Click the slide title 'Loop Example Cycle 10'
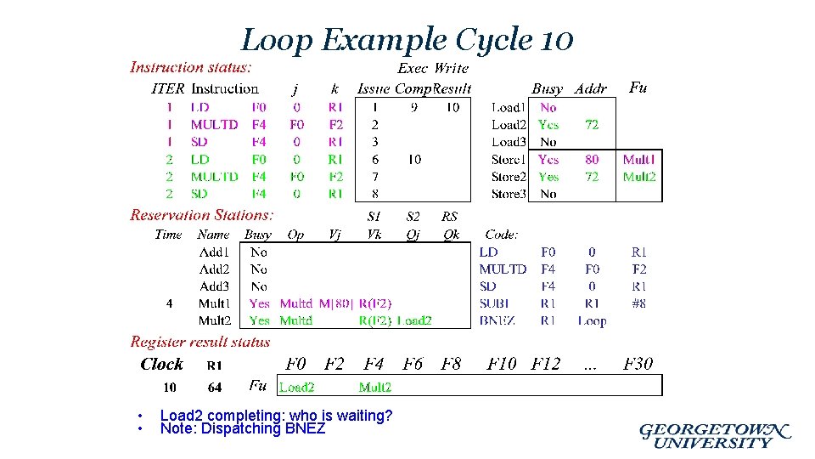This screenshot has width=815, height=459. click(x=407, y=39)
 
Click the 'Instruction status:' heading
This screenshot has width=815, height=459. click(x=190, y=67)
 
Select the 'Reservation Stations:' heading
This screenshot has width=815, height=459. click(x=202, y=215)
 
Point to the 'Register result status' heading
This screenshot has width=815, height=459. click(x=200, y=342)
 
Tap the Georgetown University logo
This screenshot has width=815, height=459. click(x=715, y=435)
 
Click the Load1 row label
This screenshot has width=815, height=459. click(x=509, y=108)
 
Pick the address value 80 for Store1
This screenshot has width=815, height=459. click(x=592, y=159)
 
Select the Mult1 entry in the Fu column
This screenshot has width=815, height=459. click(x=638, y=159)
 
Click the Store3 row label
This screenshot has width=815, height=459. click(x=509, y=194)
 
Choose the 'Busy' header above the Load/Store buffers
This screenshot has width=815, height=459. click(x=548, y=88)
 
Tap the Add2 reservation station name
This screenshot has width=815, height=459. click(x=214, y=269)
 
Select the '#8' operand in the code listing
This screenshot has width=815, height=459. click(x=638, y=303)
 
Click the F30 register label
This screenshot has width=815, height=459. click(x=638, y=364)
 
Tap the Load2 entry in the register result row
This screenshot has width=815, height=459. click(x=297, y=388)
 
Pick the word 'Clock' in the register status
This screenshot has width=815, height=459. click(x=161, y=364)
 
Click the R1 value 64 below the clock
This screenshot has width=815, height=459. click(x=215, y=388)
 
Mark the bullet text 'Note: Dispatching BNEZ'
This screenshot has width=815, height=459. click(x=243, y=429)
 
